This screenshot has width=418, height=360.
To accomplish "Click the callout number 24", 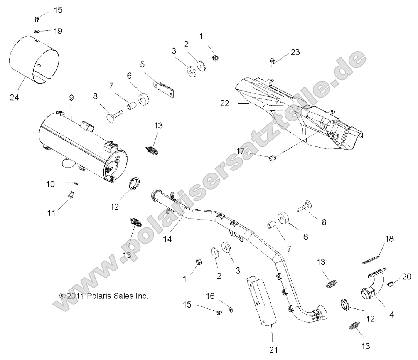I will [14, 98].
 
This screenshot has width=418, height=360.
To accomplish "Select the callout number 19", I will [57, 30].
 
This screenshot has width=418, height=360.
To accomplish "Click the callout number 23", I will [295, 52].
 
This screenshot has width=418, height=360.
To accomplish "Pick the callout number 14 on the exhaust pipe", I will [167, 239].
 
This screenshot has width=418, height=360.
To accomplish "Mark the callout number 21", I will [273, 350].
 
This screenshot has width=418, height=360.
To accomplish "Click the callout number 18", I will [389, 239].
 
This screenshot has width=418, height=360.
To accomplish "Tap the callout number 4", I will [392, 315].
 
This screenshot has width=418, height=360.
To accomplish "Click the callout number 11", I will [51, 212].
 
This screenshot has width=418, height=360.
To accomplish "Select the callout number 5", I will [142, 64].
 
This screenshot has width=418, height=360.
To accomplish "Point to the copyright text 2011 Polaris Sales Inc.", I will [103, 296].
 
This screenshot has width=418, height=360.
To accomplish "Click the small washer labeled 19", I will [36, 31].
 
